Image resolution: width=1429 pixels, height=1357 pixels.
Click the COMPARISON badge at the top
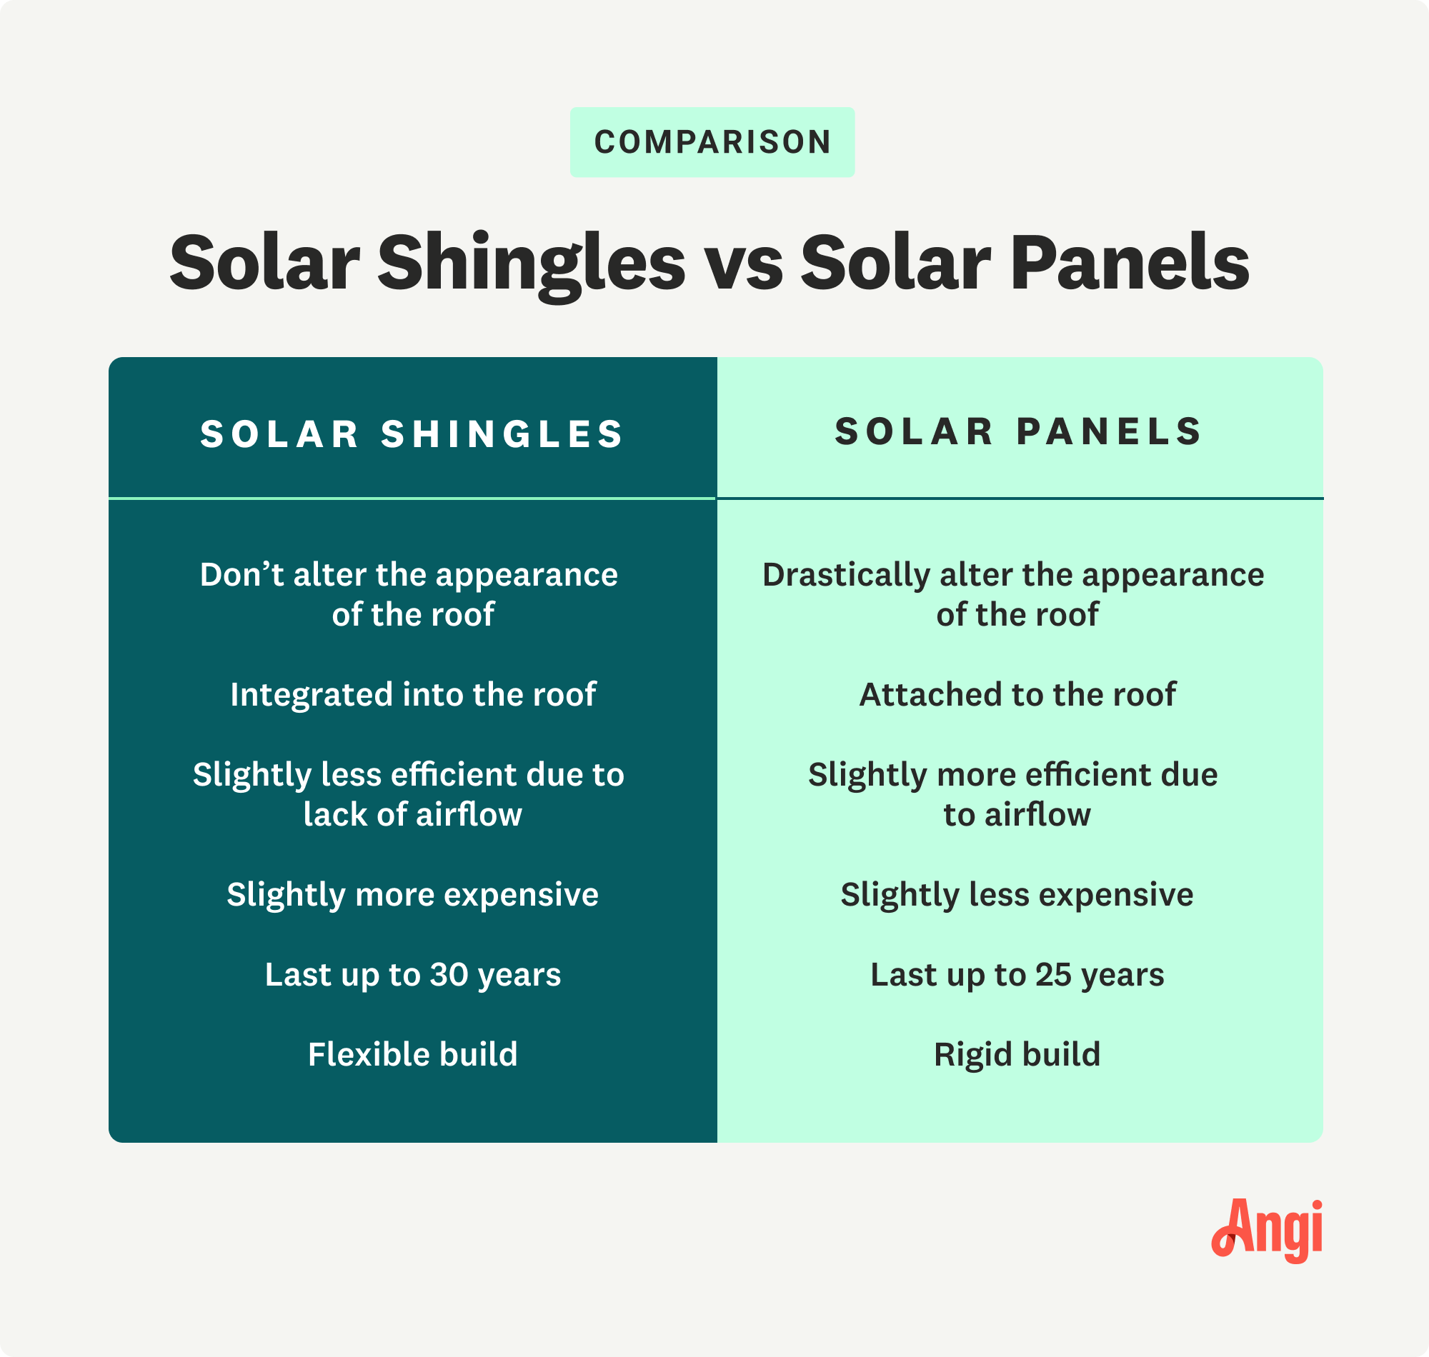coord(712,142)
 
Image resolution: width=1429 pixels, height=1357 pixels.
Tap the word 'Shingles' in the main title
coord(531,264)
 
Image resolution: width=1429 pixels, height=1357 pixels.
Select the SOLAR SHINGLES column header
coord(412,434)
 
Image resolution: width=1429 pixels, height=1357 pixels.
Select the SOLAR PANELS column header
coord(1019,431)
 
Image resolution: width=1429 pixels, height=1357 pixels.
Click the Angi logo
coord(1267,1231)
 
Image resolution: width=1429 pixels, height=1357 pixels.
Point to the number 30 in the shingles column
coord(449,974)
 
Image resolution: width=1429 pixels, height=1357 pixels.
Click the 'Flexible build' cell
coord(412,1054)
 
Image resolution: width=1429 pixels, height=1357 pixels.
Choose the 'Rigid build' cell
coord(1017,1054)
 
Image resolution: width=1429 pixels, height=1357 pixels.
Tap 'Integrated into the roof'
coord(412,694)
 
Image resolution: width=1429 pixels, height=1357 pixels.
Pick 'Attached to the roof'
coord(1017,694)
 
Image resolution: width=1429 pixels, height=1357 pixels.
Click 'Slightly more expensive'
coord(412,895)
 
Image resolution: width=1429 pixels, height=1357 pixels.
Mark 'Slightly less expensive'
coord(1017,895)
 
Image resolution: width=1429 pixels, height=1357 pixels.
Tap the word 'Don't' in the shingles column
coord(242,575)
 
